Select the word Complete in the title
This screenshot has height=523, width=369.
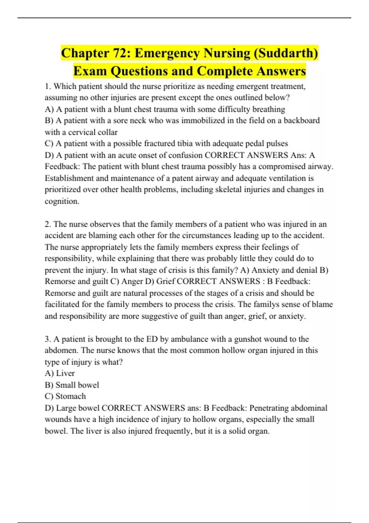225,71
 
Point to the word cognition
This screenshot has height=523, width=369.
62,201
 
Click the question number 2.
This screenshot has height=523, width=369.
48,224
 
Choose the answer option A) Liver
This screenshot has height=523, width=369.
60,373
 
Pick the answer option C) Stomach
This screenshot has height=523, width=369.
65,396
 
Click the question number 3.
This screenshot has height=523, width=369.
48,339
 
